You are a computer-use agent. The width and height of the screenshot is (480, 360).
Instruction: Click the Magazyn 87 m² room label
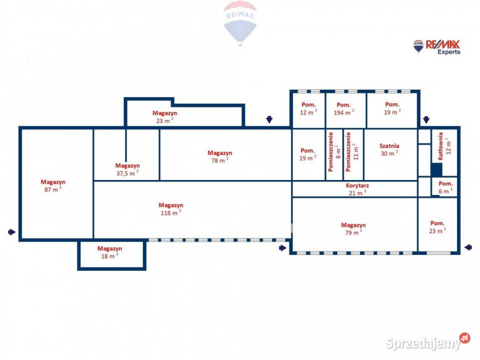53,186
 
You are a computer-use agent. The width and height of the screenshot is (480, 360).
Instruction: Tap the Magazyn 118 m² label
171,209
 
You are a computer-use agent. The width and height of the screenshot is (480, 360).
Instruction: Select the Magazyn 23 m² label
164,117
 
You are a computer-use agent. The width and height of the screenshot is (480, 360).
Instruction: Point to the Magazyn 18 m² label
109,252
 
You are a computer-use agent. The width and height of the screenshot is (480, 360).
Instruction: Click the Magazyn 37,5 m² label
127,169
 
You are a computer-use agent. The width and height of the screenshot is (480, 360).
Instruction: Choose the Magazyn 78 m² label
220,156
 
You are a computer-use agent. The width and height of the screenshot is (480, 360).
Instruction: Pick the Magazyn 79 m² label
353,228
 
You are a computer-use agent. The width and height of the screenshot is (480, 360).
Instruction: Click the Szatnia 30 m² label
389,149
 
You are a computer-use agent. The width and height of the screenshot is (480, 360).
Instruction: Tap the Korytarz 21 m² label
357,189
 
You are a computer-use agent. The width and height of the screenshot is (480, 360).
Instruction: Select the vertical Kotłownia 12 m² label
444,146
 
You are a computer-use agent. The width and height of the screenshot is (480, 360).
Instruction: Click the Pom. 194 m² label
343,108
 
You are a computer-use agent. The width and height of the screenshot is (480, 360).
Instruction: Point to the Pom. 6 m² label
445,187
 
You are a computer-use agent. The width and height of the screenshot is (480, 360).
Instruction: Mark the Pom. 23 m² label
437,227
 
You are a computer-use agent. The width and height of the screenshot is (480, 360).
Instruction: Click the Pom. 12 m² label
308,108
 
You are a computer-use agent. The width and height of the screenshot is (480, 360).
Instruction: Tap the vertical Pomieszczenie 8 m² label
334,151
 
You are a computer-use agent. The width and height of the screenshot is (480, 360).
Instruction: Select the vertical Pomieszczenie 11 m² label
351,151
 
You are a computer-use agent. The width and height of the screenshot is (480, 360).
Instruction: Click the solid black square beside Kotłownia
436,170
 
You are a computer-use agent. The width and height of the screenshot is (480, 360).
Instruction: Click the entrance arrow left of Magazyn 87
11,232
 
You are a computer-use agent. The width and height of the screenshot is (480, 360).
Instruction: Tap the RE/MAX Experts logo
436,47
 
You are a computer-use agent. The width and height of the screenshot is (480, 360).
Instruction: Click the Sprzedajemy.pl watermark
427,341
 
